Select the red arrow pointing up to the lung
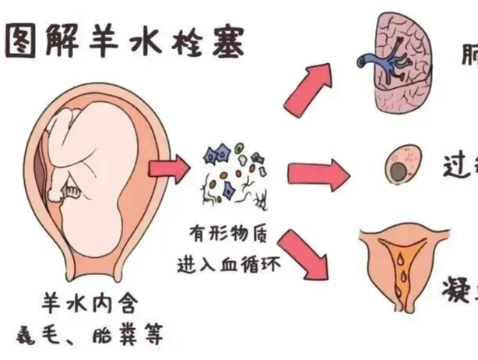306,84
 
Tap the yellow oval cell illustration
402,167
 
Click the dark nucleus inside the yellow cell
399,172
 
